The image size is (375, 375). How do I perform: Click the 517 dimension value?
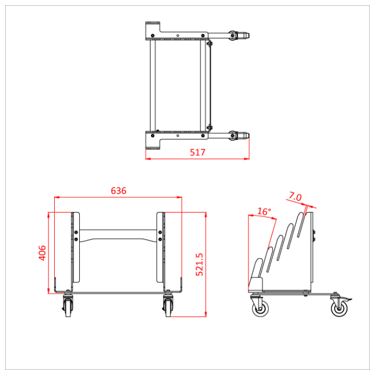(197, 152)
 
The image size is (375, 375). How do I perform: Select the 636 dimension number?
(119, 191)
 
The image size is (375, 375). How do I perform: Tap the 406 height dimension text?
(43, 253)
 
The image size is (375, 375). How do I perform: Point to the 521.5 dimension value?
(198, 265)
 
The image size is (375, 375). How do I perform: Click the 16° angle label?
(264, 211)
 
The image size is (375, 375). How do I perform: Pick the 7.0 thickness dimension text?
(295, 197)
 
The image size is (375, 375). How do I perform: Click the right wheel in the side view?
(340, 308)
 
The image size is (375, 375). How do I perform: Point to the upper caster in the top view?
(238, 35)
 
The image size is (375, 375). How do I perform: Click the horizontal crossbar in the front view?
(118, 235)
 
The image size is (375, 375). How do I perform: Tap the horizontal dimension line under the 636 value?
(119, 197)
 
